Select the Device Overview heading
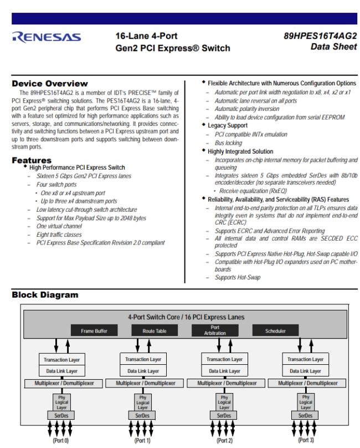click(x=50, y=83)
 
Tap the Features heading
click(x=34, y=160)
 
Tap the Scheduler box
click(x=273, y=332)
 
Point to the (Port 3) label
click(x=305, y=441)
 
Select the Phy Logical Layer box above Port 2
click(x=224, y=401)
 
